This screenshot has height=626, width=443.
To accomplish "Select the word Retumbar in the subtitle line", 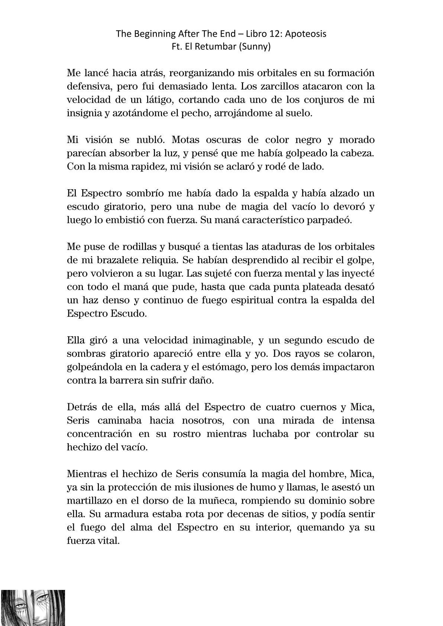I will pyautogui.click(x=219, y=47).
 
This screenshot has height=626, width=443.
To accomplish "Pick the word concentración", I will pyautogui.click(x=99, y=433).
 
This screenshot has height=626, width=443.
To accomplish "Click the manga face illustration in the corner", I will pyautogui.click(x=33, y=607).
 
